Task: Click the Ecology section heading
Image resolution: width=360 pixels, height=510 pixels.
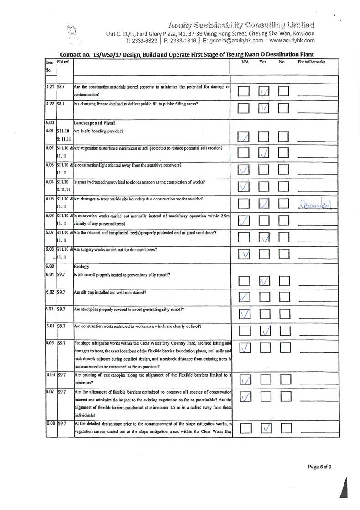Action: pos(83,266)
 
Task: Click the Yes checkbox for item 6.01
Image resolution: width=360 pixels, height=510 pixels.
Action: pos(265,280)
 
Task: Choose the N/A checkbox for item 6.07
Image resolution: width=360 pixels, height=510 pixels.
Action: pos(244,397)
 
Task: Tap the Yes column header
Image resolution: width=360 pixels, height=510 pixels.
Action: pos(263,61)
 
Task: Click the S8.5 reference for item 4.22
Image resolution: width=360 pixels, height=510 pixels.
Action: pos(62,104)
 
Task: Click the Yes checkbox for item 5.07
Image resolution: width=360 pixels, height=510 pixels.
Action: pos(265,237)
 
